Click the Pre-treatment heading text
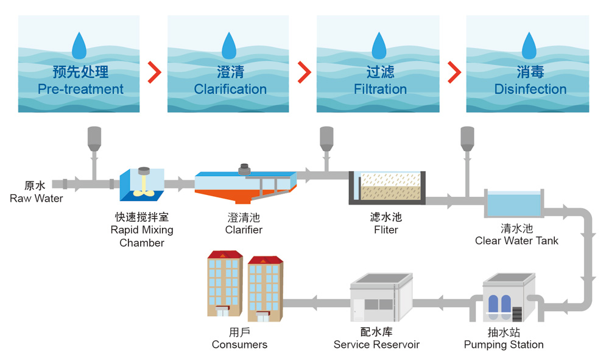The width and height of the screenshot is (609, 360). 80,89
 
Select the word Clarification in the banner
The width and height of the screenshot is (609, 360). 230,89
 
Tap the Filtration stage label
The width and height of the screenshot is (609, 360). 380,89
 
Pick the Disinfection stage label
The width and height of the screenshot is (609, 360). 530,89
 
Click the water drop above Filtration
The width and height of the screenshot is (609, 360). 379,46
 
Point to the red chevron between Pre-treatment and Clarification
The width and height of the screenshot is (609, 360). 155,72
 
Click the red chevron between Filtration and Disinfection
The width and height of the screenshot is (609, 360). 454,72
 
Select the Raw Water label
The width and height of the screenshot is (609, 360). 36,198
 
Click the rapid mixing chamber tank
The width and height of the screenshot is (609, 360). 142,184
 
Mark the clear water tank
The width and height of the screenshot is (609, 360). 513,203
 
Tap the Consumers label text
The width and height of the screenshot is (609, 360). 239,344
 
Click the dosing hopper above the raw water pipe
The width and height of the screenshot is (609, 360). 94,138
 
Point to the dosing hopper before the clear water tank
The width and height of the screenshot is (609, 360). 467,138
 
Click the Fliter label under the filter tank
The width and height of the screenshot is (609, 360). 385,230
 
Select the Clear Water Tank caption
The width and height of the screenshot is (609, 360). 516,241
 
